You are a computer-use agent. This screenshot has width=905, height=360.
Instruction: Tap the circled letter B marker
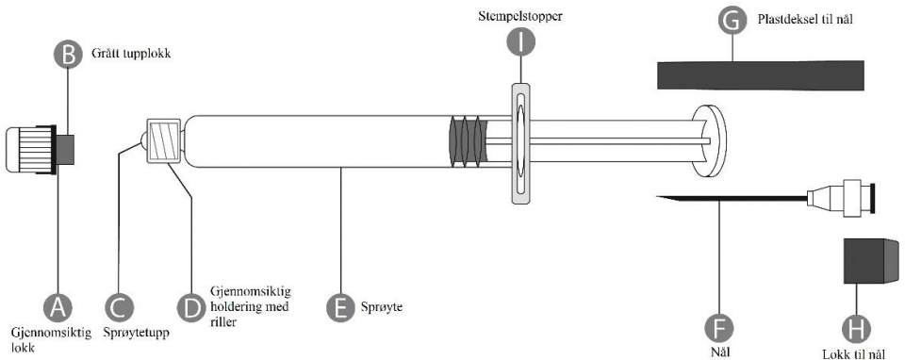pyautogui.click(x=68, y=56)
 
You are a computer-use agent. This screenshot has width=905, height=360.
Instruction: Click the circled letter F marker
pyautogui.click(x=719, y=328)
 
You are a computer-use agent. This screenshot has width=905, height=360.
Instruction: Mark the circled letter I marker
pyautogui.click(x=520, y=42)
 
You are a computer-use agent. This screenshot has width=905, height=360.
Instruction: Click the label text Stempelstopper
pyautogui.click(x=520, y=16)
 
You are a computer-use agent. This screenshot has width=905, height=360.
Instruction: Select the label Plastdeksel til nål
pyautogui.click(x=804, y=20)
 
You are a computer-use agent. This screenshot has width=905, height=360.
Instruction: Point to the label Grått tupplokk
pyautogui.click(x=126, y=56)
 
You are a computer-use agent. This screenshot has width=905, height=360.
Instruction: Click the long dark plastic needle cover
pyautogui.click(x=761, y=75)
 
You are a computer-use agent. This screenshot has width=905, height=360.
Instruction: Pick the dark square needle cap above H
pyautogui.click(x=871, y=261)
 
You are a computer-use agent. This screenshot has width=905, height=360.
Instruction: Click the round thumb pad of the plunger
pyautogui.click(x=709, y=140)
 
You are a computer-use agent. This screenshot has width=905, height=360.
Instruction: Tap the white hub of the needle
pyautogui.click(x=840, y=198)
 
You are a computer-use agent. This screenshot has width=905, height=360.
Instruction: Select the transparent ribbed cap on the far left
pyautogui.click(x=30, y=149)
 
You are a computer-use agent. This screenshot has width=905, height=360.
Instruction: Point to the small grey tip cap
pyautogui.click(x=66, y=150)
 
